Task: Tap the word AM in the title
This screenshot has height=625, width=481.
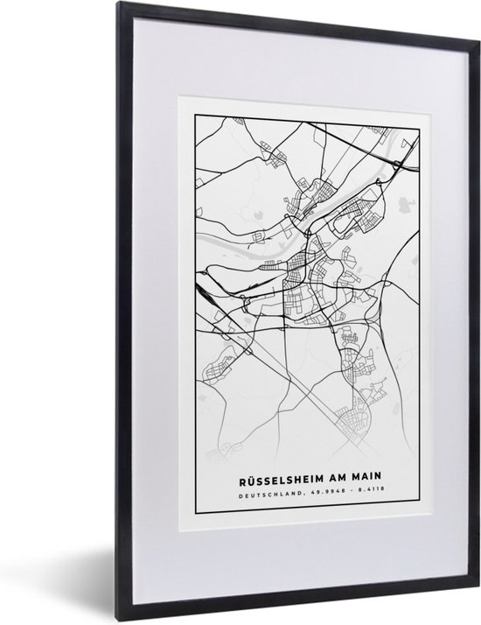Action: tap(335, 481)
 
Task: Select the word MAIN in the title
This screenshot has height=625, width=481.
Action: tap(367, 481)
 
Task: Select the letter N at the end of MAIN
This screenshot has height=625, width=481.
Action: tap(380, 481)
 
